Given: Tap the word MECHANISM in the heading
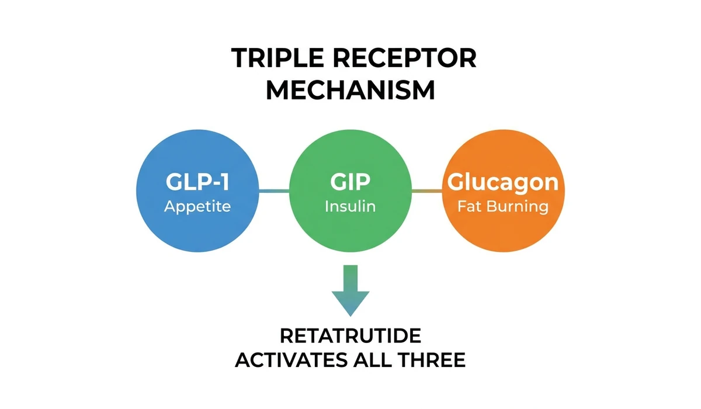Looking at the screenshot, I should (350, 91).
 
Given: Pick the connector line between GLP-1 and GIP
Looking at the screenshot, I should (275, 190).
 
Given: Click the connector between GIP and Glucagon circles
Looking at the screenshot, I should (426, 190).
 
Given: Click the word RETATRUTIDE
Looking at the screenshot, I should (350, 337).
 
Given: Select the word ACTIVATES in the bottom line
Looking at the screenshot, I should (290, 360).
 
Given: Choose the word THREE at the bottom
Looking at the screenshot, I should (433, 360).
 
